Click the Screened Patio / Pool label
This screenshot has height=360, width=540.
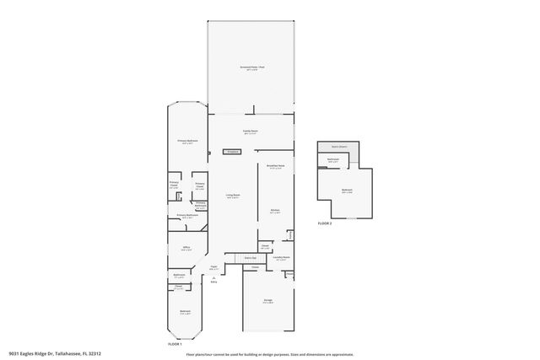point(251,67)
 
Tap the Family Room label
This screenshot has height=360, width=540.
point(251,132)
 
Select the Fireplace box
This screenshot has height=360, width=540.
point(232,152)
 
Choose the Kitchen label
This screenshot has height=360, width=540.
point(275,211)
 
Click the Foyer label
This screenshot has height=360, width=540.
point(214,268)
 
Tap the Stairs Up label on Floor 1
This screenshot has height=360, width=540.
point(250,257)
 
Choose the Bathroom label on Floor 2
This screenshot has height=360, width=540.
point(333,159)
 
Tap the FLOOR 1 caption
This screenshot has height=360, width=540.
point(175,344)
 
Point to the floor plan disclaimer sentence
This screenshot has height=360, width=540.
point(270,354)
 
